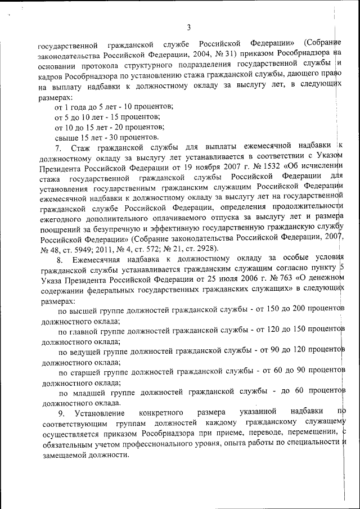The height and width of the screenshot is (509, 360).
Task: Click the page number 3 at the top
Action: click(x=189, y=27)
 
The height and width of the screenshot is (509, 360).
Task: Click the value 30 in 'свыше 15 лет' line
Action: click(x=114, y=137)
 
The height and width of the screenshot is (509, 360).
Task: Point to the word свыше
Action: click(x=66, y=137)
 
